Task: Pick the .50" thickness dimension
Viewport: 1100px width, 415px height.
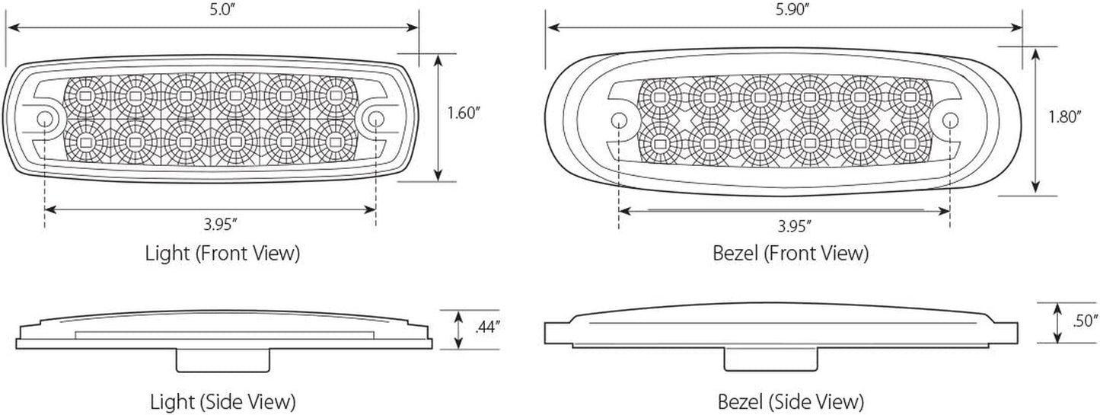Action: (x=1082, y=321)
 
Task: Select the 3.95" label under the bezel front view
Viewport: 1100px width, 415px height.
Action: (x=794, y=225)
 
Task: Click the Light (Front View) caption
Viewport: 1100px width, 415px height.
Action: (x=222, y=253)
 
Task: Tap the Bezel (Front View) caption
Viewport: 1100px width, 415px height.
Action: (x=790, y=253)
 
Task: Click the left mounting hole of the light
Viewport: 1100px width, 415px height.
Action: (x=45, y=119)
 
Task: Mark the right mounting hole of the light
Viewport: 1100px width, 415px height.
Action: (x=375, y=118)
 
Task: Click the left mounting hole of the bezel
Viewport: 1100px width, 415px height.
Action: (x=619, y=120)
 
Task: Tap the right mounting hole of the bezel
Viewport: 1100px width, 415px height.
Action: (x=950, y=120)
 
